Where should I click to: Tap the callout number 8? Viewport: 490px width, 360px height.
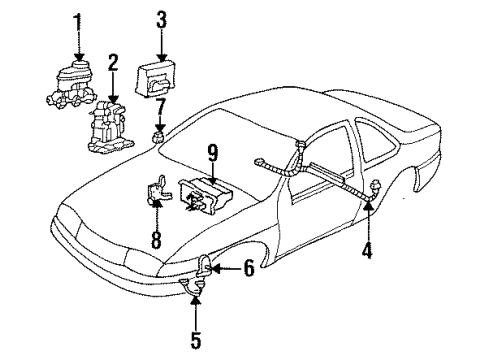155,240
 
